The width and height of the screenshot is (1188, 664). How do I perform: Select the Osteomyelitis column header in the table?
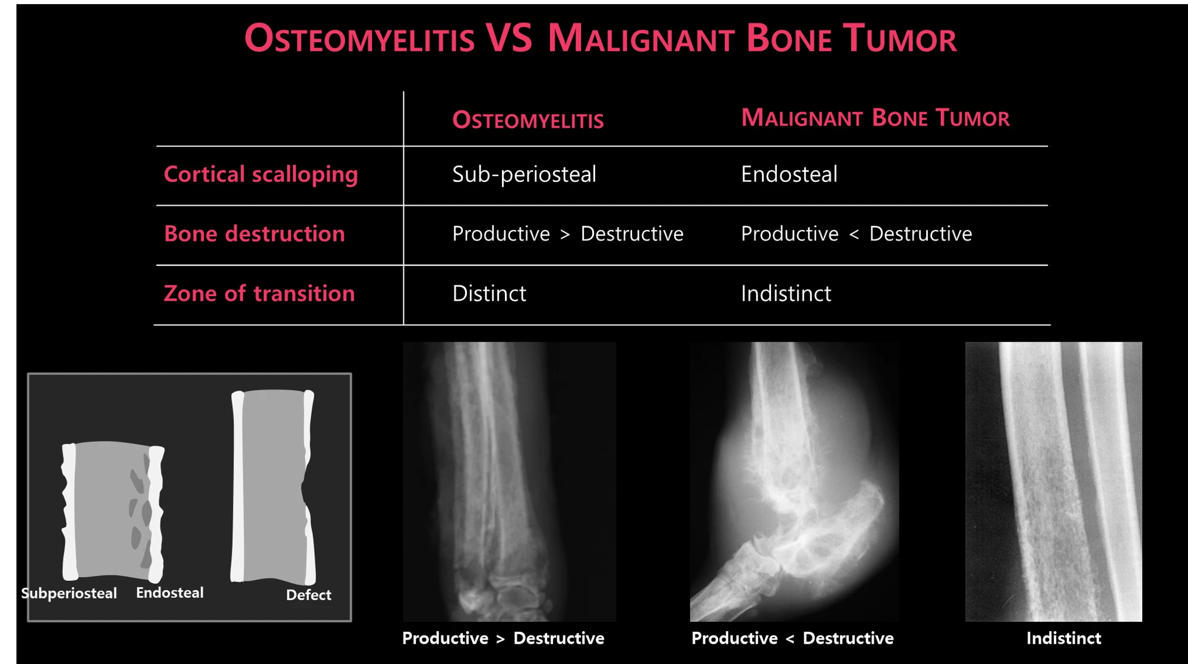pyautogui.click(x=528, y=120)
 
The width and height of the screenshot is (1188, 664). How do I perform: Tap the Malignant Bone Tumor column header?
pyautogui.click(x=875, y=118)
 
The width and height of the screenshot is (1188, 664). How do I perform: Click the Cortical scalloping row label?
pyautogui.click(x=261, y=175)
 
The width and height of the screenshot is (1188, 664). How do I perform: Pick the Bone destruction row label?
pyautogui.click(x=254, y=234)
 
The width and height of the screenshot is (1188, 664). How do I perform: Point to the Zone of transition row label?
pyautogui.click(x=259, y=293)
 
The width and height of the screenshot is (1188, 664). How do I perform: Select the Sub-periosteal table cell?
pyautogui.click(x=524, y=175)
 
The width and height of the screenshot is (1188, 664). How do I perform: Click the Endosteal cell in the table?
pyautogui.click(x=789, y=174)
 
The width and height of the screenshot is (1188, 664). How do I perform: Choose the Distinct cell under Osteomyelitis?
pyautogui.click(x=489, y=293)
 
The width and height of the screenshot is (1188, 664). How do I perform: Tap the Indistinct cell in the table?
pyautogui.click(x=786, y=293)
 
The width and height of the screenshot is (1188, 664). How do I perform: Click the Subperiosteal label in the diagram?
pyautogui.click(x=69, y=594)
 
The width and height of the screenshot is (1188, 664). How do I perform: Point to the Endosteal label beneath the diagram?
pyautogui.click(x=170, y=593)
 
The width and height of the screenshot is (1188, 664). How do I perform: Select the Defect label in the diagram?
pyautogui.click(x=308, y=595)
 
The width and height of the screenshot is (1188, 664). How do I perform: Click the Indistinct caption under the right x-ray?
pyautogui.click(x=1063, y=638)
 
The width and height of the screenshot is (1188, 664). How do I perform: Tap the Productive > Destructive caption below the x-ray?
pyautogui.click(x=503, y=638)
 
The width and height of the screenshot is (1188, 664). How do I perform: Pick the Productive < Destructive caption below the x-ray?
pyautogui.click(x=792, y=638)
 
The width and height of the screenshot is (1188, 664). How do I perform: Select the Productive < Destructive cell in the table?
pyautogui.click(x=856, y=234)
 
